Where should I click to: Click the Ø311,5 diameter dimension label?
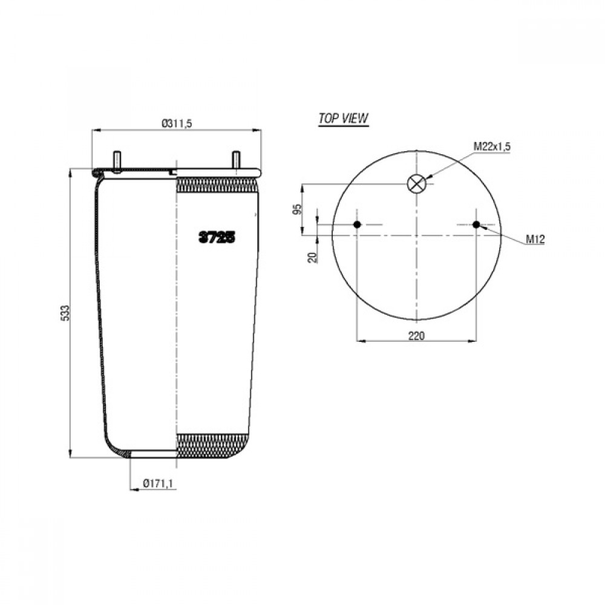[x=177, y=123]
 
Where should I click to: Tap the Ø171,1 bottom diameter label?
[x=157, y=483]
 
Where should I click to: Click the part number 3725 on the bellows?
[x=217, y=238]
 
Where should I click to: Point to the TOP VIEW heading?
[x=343, y=118]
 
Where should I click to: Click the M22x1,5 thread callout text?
[x=492, y=146]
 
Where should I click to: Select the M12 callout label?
[x=535, y=240]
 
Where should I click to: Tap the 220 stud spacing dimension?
[x=416, y=336]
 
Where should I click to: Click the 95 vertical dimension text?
[x=297, y=209]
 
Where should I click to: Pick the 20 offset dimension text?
[x=313, y=257]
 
